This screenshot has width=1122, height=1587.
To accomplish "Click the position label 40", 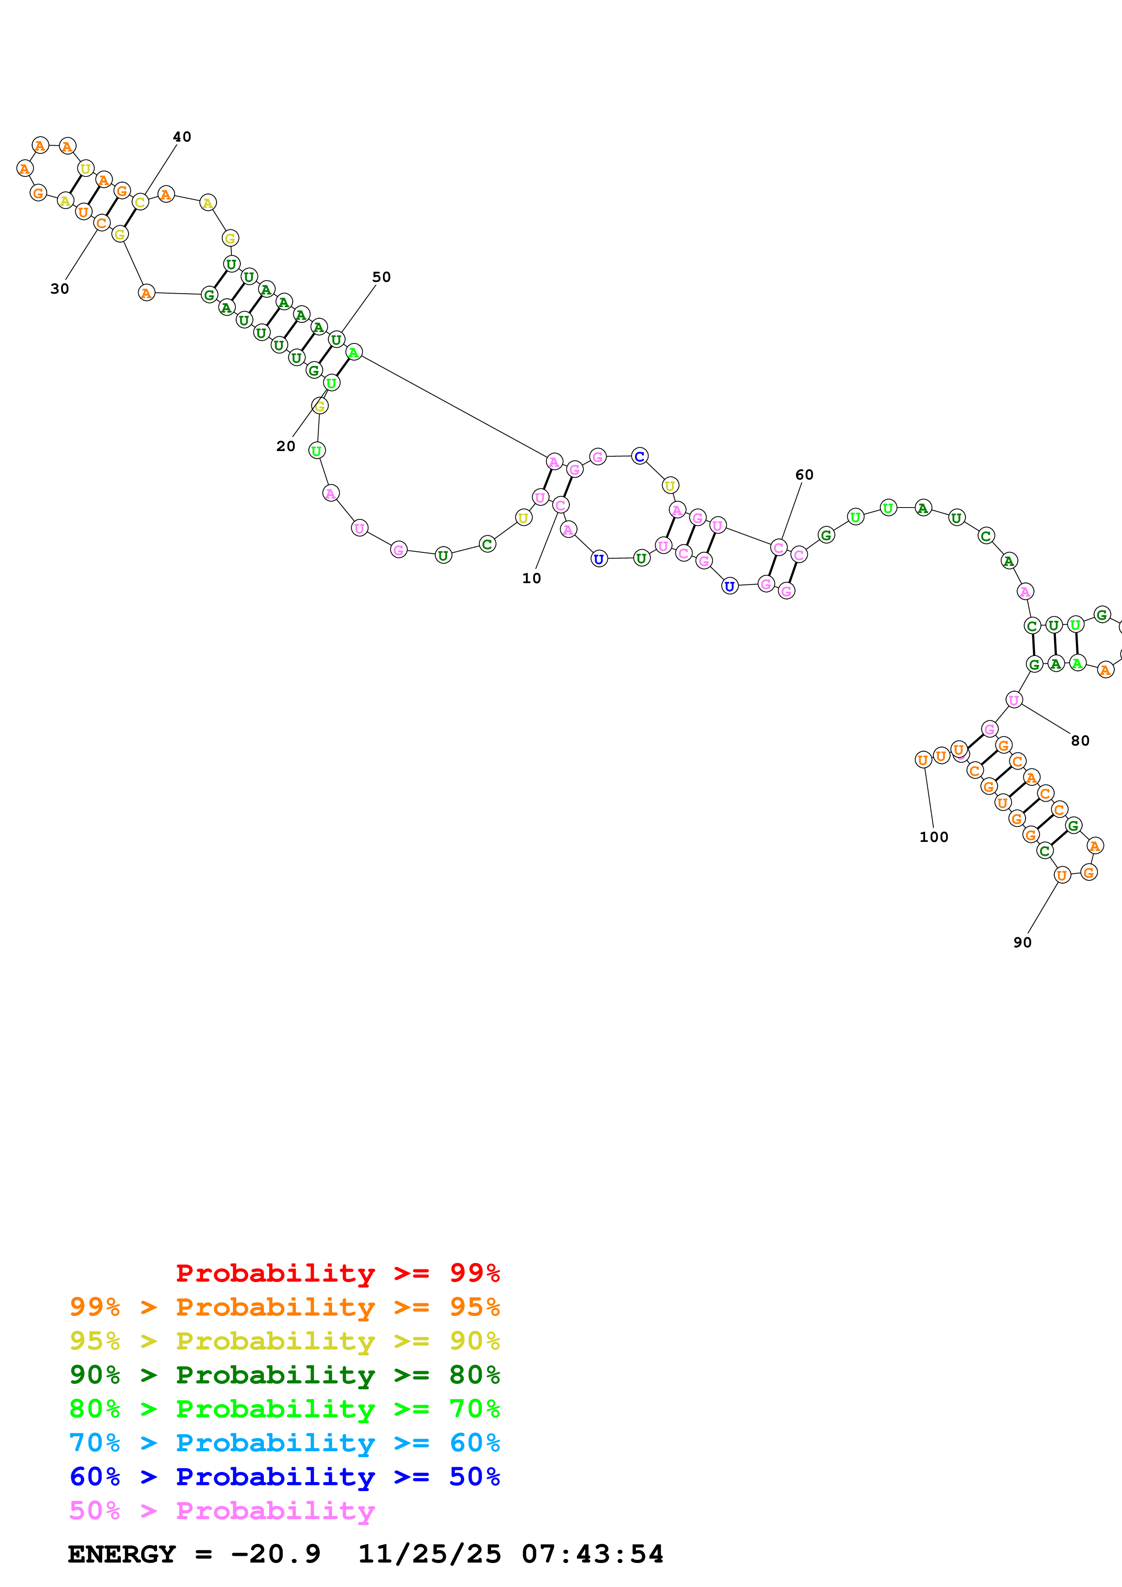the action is pos(182,137).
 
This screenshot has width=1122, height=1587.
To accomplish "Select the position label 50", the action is pos(382,277).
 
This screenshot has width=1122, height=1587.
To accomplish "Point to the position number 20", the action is pos(286,447).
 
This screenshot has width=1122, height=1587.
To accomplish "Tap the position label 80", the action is pos(1080,741).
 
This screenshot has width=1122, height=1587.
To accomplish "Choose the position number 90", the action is pos(1022,943).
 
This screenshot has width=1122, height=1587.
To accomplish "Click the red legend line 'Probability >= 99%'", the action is pos(337,1273).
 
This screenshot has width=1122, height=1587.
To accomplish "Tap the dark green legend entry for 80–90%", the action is pos(284,1375).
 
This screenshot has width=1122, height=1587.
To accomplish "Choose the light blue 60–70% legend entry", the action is pos(284,1443).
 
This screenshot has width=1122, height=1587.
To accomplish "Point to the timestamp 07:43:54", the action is pos(592,1554).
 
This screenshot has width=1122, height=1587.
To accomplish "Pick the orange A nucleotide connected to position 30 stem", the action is pos(146,293).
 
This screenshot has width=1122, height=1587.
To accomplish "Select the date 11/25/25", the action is pos(430,1554).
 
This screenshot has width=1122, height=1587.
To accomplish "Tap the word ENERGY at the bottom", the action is pos(122,1554).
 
